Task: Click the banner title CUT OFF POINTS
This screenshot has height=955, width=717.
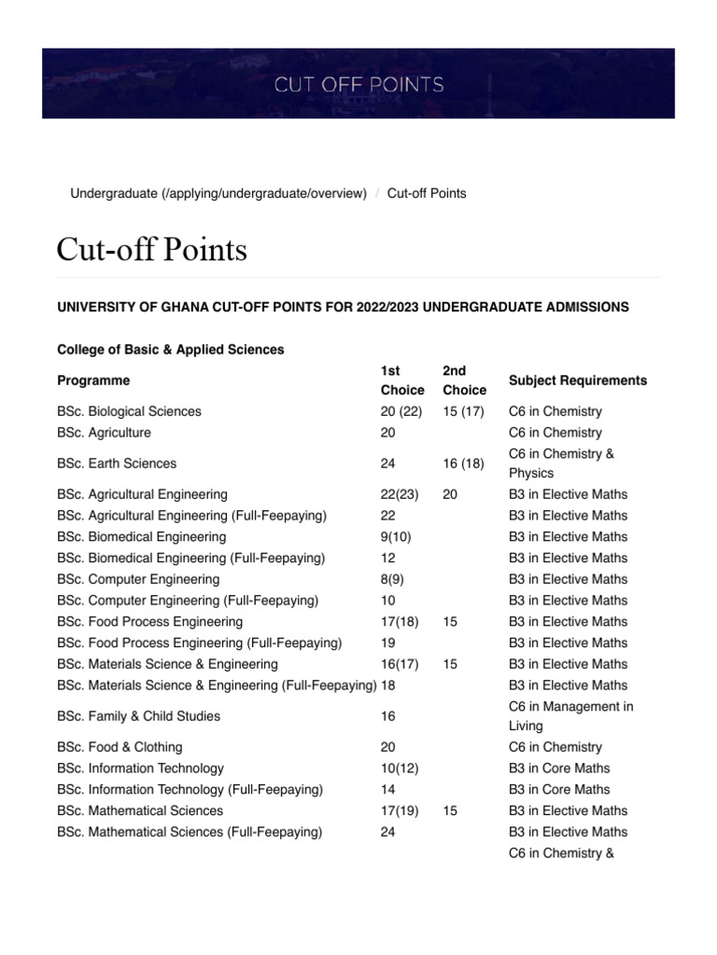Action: tap(358, 85)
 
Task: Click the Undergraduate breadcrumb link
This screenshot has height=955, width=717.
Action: tap(218, 193)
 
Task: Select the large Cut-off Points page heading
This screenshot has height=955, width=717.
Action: tap(151, 249)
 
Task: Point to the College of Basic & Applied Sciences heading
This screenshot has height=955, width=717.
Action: tap(171, 350)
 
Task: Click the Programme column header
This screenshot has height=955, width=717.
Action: tap(93, 381)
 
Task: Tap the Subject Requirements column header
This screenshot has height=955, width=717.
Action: tap(577, 381)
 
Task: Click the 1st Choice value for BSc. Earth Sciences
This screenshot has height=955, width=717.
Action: tap(388, 464)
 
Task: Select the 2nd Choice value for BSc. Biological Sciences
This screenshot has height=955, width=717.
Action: tap(463, 411)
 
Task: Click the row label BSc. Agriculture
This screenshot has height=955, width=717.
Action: tap(104, 433)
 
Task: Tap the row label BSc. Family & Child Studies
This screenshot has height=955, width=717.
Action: tap(138, 716)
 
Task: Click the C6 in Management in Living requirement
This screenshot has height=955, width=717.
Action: tap(570, 716)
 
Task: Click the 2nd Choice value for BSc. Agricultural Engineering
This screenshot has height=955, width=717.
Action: tap(450, 494)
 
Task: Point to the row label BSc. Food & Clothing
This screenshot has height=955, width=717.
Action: tap(119, 747)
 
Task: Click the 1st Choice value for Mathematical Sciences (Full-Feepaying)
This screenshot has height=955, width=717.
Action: tap(388, 832)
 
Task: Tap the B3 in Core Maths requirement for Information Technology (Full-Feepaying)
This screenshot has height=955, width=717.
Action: tap(558, 789)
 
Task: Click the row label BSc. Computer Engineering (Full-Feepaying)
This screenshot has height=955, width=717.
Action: tap(188, 601)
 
